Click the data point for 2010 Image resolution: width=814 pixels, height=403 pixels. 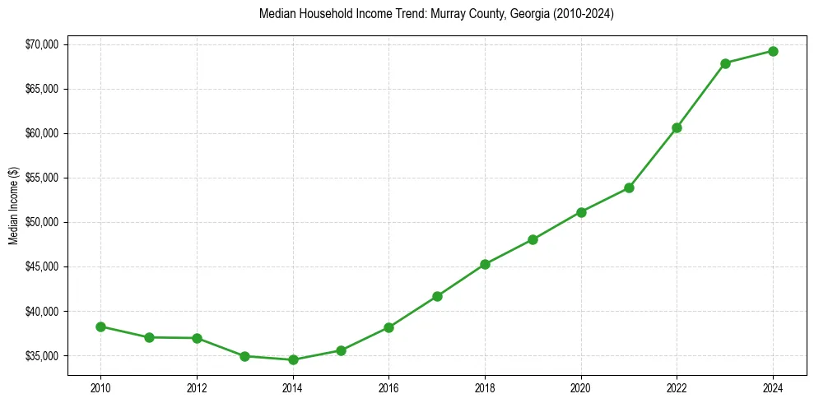100,327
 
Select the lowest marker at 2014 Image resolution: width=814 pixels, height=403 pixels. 292,359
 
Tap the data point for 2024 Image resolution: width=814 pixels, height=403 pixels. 773,51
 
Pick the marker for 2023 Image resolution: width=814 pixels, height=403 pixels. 725,63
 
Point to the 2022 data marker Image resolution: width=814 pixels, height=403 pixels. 677,127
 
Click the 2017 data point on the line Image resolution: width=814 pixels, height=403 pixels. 437,296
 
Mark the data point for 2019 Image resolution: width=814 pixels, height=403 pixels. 533,239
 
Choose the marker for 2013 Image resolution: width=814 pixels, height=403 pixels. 244,356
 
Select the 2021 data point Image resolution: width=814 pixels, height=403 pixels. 629,188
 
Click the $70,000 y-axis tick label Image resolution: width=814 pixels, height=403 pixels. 42,44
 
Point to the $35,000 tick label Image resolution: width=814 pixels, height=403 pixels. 42,356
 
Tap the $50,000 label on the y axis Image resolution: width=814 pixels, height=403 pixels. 42,222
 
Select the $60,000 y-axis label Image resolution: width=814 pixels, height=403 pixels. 42,133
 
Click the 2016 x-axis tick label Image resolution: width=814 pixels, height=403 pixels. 388,387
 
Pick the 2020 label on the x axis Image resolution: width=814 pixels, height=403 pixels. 581,387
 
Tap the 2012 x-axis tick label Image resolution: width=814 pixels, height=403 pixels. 197,387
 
